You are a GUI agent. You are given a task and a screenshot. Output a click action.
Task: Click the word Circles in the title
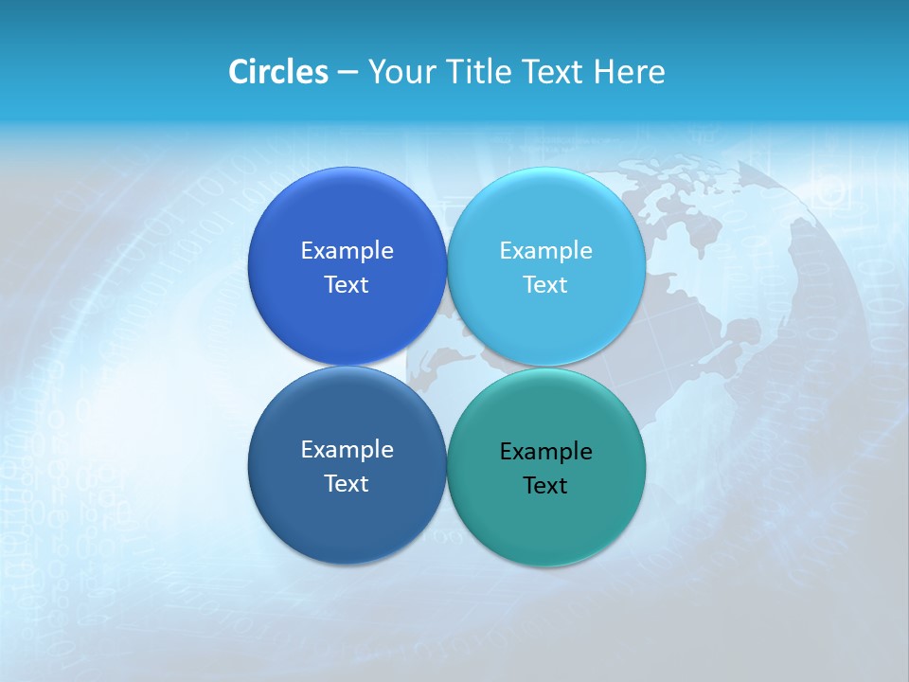[x=277, y=72]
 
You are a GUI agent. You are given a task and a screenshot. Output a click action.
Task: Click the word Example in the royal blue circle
[x=347, y=250]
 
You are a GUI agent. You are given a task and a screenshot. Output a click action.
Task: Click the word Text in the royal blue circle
[x=347, y=284]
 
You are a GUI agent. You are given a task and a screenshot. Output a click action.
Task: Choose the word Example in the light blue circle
[x=545, y=250]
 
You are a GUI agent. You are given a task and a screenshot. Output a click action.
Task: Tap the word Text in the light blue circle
[x=545, y=284]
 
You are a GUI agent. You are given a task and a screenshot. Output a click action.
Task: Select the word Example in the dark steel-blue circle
[x=347, y=449]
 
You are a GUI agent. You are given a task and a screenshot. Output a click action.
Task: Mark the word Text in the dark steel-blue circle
[x=347, y=483]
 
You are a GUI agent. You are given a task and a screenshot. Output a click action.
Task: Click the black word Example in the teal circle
[x=545, y=451]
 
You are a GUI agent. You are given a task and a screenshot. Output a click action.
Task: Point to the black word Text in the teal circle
[x=545, y=485]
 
